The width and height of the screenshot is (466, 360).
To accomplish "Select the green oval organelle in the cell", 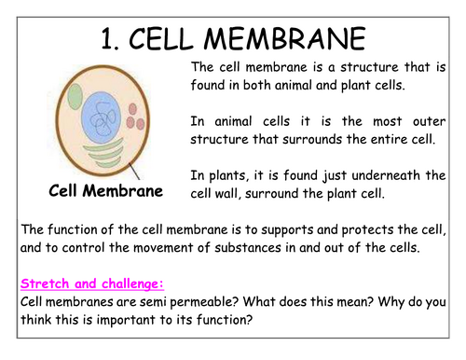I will click(82, 91).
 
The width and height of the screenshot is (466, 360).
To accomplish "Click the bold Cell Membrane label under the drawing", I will click(106, 193).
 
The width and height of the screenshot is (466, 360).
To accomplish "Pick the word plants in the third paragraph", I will click(226, 175).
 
